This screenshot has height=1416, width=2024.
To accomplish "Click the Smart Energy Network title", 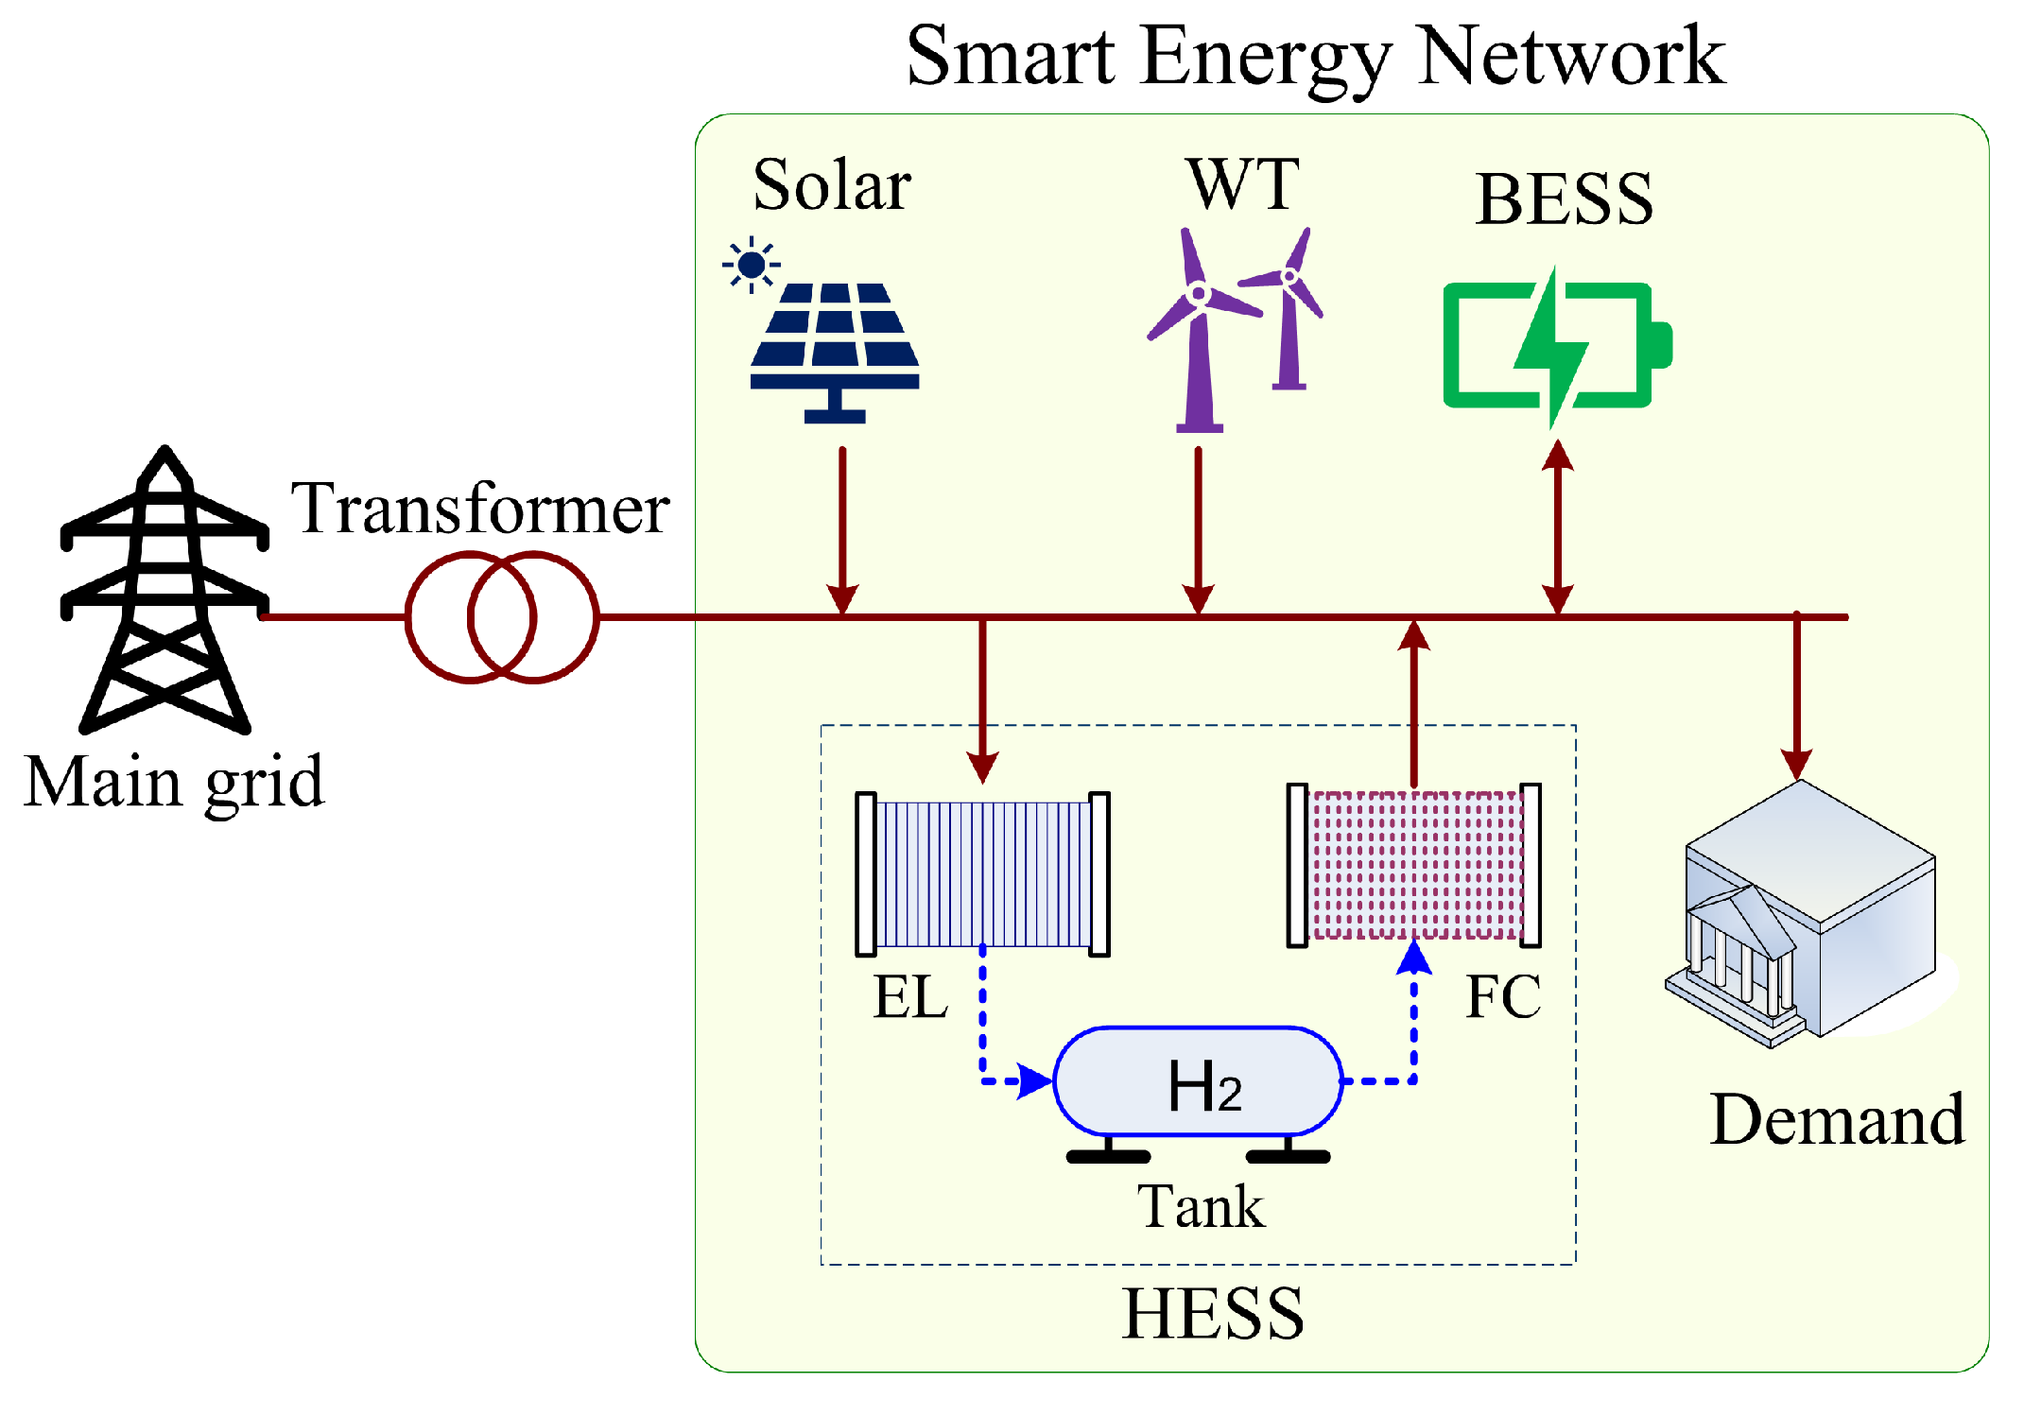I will [1315, 57].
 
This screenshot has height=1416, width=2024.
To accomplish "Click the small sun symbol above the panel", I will [752, 264].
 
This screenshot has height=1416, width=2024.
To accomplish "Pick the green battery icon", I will [1555, 346].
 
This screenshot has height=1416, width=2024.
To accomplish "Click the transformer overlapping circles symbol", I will [502, 617].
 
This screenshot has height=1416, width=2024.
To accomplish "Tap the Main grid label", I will [174, 783].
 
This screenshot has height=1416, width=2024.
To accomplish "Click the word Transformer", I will [480, 509].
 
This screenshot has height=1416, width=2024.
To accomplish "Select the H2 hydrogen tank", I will [1199, 1082].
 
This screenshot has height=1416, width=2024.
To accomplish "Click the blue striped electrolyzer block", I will [983, 874].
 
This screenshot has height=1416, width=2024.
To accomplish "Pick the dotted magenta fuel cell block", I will [1414, 865].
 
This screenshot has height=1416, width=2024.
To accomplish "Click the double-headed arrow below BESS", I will [1557, 529].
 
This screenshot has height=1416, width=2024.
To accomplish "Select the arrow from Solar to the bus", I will [842, 529].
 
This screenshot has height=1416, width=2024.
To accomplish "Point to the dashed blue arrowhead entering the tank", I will [1036, 1080].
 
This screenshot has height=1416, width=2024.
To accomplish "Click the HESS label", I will [1213, 1314].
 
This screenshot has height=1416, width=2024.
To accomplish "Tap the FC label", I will [1503, 996].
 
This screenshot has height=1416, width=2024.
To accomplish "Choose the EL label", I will [909, 996].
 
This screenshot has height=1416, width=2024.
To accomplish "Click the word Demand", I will [1837, 1120].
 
